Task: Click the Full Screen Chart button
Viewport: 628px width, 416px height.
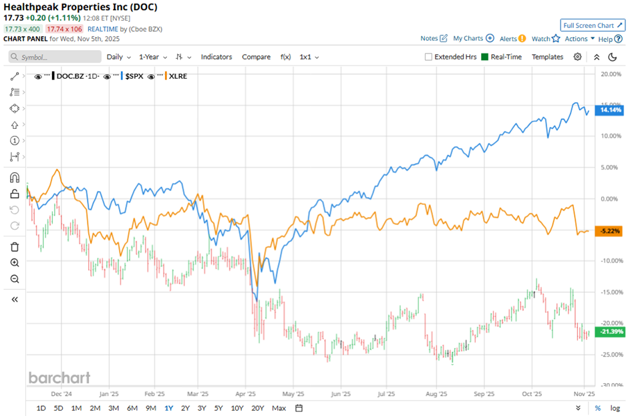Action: pyautogui.click(x=592, y=25)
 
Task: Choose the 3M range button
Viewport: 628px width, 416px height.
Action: pyautogui.click(x=113, y=408)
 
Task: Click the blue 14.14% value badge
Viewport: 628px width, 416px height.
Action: pyautogui.click(x=611, y=110)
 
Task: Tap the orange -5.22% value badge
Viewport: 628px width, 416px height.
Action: pyautogui.click(x=611, y=231)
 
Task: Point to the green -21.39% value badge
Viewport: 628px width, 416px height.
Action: pyautogui.click(x=611, y=332)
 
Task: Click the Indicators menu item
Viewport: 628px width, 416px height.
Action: pyautogui.click(x=216, y=57)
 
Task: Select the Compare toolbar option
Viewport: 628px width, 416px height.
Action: pyautogui.click(x=256, y=57)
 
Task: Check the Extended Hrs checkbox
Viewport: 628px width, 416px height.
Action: pyautogui.click(x=429, y=57)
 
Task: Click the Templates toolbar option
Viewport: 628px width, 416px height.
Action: pyautogui.click(x=547, y=57)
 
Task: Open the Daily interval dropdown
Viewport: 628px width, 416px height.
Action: pyautogui.click(x=118, y=57)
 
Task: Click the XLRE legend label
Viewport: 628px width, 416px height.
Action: pyautogui.click(x=179, y=77)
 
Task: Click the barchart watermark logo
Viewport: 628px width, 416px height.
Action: pyautogui.click(x=59, y=378)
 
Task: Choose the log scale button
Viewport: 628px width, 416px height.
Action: pyautogui.click(x=615, y=408)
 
